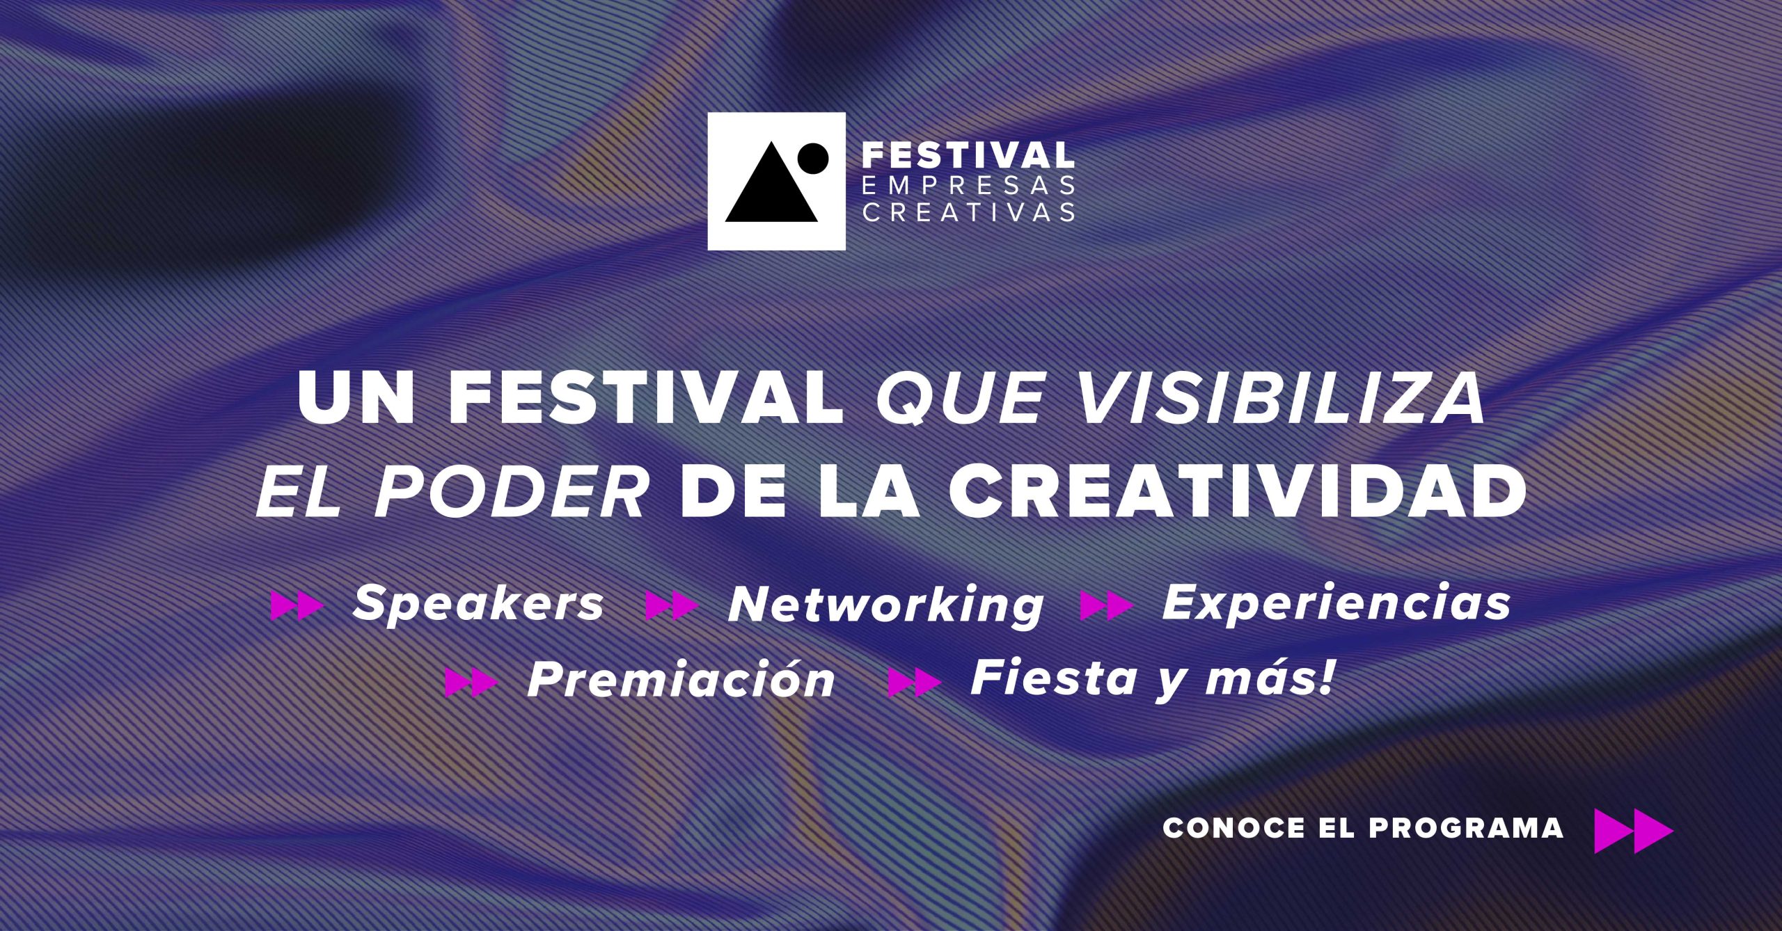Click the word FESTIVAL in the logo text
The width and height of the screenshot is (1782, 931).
pos(968,154)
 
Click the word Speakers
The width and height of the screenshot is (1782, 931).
pos(478,603)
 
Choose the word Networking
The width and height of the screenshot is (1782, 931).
pos(886,604)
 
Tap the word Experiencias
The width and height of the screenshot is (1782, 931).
pos(1336,603)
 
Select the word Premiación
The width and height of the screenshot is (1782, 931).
pos(681,679)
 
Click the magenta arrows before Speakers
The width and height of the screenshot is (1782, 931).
pos(297,605)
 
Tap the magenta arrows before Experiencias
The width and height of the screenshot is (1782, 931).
pos(1106,605)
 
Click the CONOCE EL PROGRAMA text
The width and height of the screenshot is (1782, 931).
pos(1363,827)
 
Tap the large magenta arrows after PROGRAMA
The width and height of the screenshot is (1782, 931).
pos(1634,831)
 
